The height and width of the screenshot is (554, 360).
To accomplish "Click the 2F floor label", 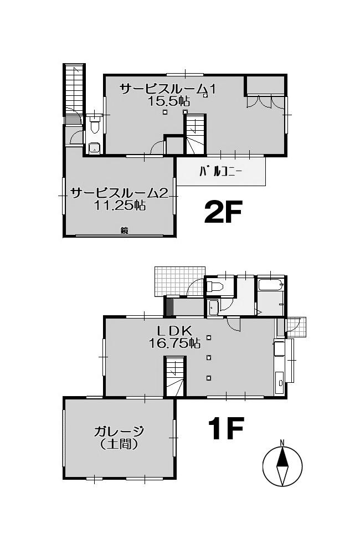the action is tap(223, 212).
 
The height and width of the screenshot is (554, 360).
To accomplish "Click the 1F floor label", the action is tap(226, 428).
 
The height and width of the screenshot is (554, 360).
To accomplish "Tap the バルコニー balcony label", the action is tap(220, 172).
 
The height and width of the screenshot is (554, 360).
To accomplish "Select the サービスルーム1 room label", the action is tap(168, 89).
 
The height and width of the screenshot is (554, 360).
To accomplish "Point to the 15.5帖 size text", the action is tap(168, 101).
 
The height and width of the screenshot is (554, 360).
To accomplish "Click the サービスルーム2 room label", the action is tap(119, 193).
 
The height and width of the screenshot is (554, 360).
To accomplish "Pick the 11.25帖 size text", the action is tap(120, 206).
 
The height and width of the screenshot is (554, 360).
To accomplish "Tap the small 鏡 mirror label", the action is tap(125, 231).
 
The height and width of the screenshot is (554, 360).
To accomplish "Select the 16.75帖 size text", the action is tap(174, 343).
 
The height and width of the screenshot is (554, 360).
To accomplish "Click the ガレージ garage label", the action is tap(119, 432).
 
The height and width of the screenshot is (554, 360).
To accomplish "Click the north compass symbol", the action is tap(282, 466).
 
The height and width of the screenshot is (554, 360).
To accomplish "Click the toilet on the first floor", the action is tap(214, 286).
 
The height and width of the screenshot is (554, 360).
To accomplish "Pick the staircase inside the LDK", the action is tap(175, 376).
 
